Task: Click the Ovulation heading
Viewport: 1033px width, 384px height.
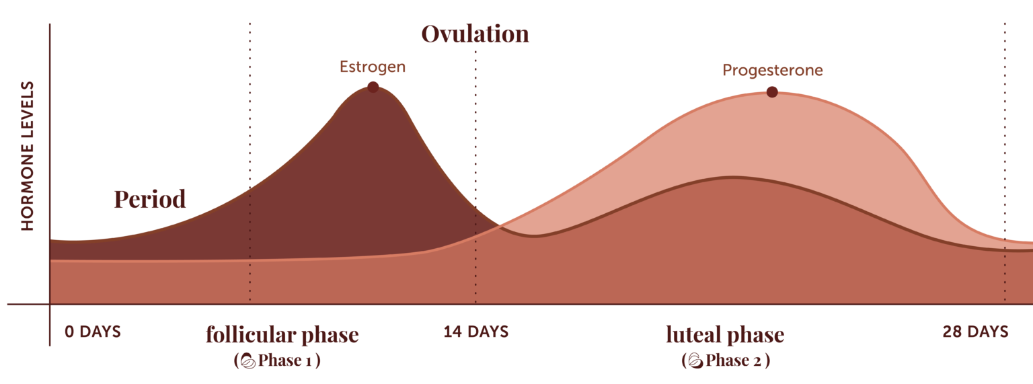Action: pyautogui.click(x=475, y=34)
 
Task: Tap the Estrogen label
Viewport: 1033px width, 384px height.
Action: pyautogui.click(x=373, y=67)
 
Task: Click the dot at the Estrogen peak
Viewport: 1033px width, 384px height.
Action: pyautogui.click(x=373, y=86)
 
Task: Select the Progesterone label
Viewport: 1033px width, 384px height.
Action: pyautogui.click(x=772, y=71)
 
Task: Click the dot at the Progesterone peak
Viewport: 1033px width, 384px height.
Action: pyautogui.click(x=772, y=91)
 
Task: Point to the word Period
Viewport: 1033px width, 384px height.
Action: pyautogui.click(x=149, y=200)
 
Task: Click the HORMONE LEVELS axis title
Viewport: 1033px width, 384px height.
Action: pyautogui.click(x=28, y=156)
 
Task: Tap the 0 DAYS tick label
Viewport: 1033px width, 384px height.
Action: pyautogui.click(x=93, y=332)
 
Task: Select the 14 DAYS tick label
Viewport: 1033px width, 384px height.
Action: pyautogui.click(x=475, y=332)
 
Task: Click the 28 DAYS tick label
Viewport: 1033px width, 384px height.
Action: pyautogui.click(x=975, y=332)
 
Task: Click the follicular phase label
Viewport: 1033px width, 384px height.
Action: pyautogui.click(x=282, y=335)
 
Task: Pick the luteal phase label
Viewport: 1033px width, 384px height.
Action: pyautogui.click(x=725, y=335)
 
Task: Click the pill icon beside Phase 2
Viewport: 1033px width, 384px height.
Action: pyautogui.click(x=696, y=361)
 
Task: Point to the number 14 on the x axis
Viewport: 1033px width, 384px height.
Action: pyautogui.click(x=453, y=332)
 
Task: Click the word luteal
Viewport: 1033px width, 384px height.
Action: pyautogui.click(x=692, y=335)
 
